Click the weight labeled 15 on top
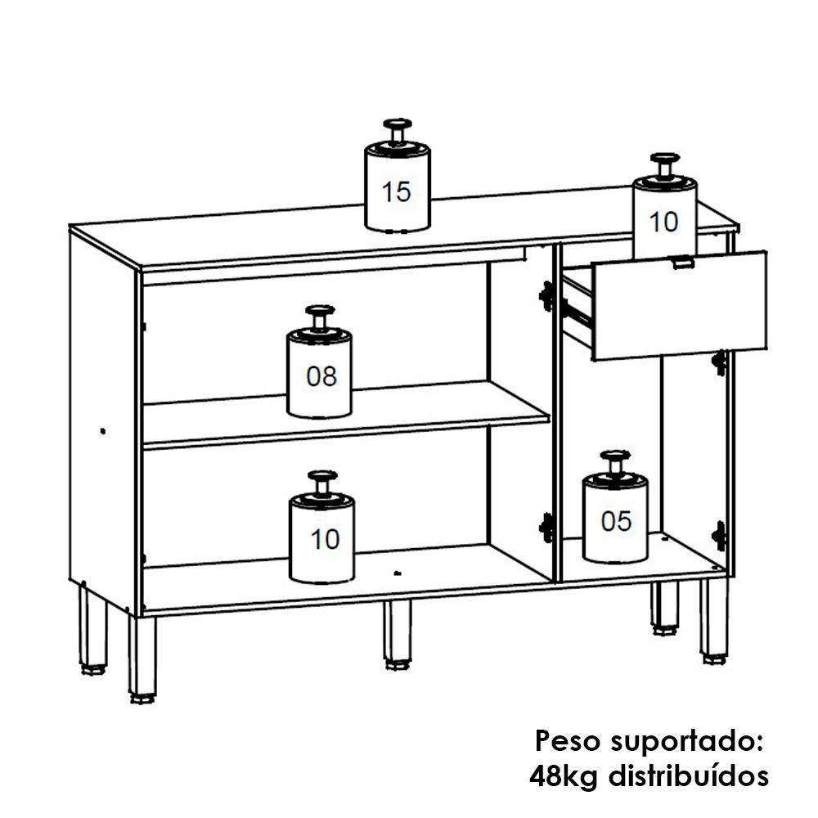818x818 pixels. pyautogui.click(x=397, y=188)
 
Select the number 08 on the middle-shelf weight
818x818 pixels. pyautogui.click(x=321, y=376)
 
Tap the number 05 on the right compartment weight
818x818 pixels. pyautogui.click(x=616, y=521)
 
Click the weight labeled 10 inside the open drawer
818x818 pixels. pyautogui.click(x=663, y=217)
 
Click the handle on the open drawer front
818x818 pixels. pyautogui.click(x=681, y=263)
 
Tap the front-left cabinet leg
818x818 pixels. pyautogui.click(x=142, y=658)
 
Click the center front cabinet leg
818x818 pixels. pyautogui.click(x=398, y=634)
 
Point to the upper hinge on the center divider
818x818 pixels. pyautogui.click(x=546, y=295)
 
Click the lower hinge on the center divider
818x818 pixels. pyautogui.click(x=546, y=526)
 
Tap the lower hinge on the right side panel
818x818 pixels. pyautogui.click(x=719, y=535)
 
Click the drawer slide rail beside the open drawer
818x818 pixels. pyautogui.click(x=577, y=310)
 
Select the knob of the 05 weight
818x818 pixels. pyautogui.click(x=615, y=459)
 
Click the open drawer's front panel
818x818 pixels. pyautogui.click(x=679, y=311)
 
